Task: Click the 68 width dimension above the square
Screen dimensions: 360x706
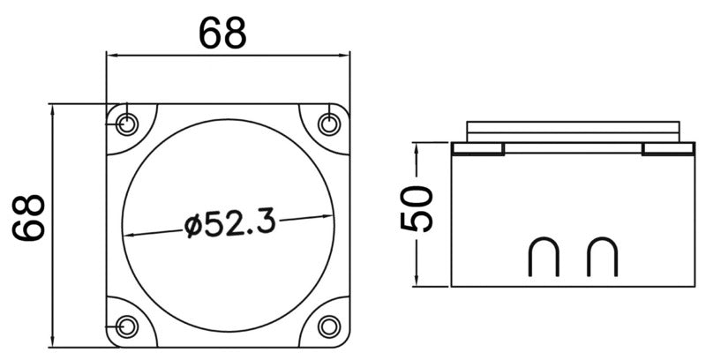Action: pyautogui.click(x=222, y=34)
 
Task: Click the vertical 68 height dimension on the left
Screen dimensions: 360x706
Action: pyautogui.click(x=30, y=219)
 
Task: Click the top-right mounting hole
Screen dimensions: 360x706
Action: pyautogui.click(x=329, y=124)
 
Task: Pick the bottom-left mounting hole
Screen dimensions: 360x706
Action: pyautogui.click(x=127, y=326)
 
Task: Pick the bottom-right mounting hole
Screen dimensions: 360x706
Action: pyautogui.click(x=329, y=326)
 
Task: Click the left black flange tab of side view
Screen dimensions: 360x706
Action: pyautogui.click(x=477, y=149)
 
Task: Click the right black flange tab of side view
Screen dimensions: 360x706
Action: pyautogui.click(x=670, y=149)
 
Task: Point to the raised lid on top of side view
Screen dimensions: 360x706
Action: pyautogui.click(x=574, y=130)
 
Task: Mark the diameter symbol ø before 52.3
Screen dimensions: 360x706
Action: pyautogui.click(x=195, y=226)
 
